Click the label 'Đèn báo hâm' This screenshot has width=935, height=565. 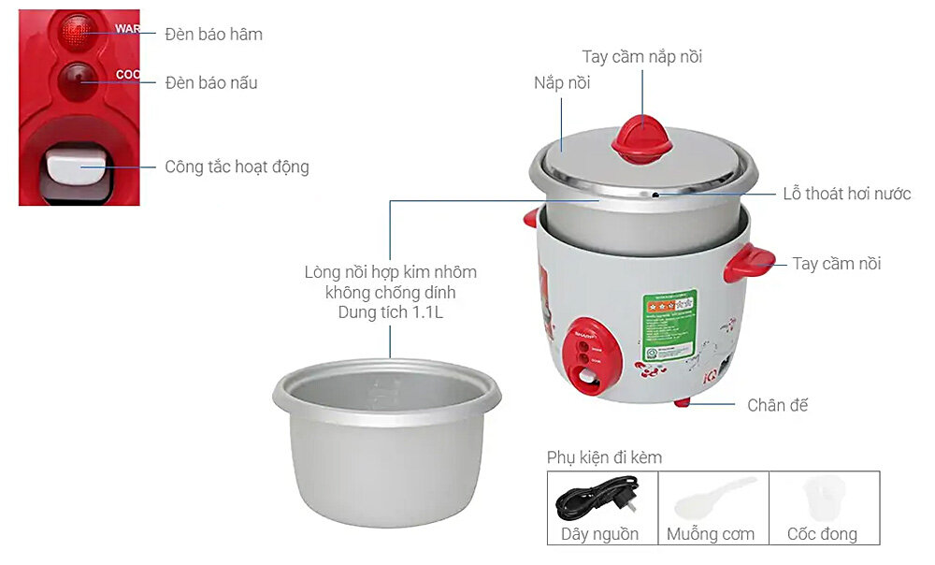(213, 35)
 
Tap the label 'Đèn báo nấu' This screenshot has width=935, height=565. (210, 82)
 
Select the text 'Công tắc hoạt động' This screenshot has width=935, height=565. (237, 167)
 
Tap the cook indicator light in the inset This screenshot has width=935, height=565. (77, 80)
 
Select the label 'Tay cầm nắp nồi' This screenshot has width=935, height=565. (641, 57)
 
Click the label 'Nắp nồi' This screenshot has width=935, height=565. (562, 83)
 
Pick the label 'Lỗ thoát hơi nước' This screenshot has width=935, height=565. (846, 195)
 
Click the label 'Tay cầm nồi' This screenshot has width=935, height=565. (836, 264)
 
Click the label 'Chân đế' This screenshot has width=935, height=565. (777, 405)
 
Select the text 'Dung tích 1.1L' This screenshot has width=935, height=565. (390, 313)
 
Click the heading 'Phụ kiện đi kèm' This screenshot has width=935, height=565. (604, 457)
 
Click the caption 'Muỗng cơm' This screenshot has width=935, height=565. (711, 534)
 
